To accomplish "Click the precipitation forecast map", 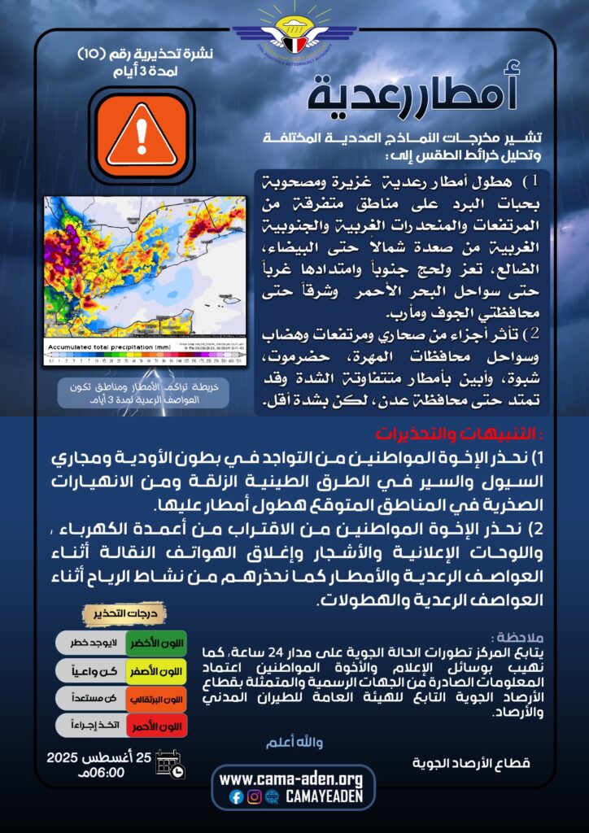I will (146, 268).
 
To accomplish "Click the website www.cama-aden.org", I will (292, 779).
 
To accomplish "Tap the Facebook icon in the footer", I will (236, 797).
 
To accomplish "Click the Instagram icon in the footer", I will (254, 797).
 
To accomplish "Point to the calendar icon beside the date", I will (170, 765).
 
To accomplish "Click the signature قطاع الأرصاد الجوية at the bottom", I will (472, 763).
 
